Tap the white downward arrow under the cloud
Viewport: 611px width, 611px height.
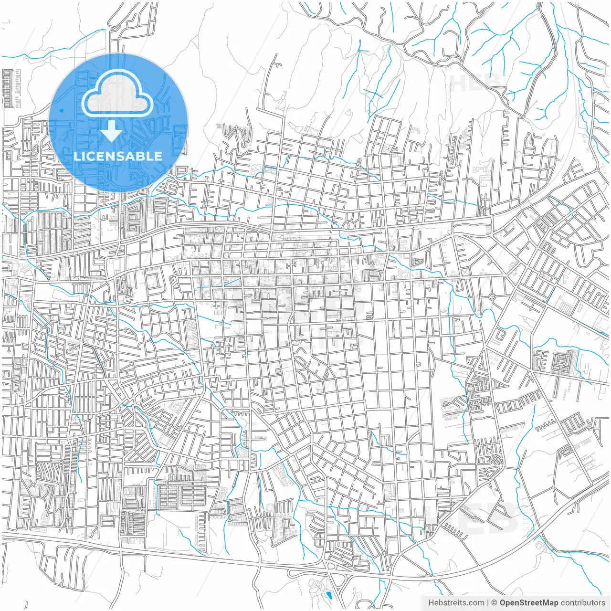pyautogui.click(x=112, y=131)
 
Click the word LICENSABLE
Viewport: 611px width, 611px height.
pyautogui.click(x=118, y=156)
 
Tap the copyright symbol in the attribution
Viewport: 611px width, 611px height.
pyautogui.click(x=495, y=603)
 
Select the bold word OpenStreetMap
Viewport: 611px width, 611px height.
pyautogui.click(x=528, y=603)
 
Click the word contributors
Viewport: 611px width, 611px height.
pyautogui.click(x=582, y=603)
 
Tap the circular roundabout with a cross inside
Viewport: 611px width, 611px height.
pyautogui.click(x=492, y=297)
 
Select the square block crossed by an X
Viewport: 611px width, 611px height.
pyautogui.click(x=464, y=272)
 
